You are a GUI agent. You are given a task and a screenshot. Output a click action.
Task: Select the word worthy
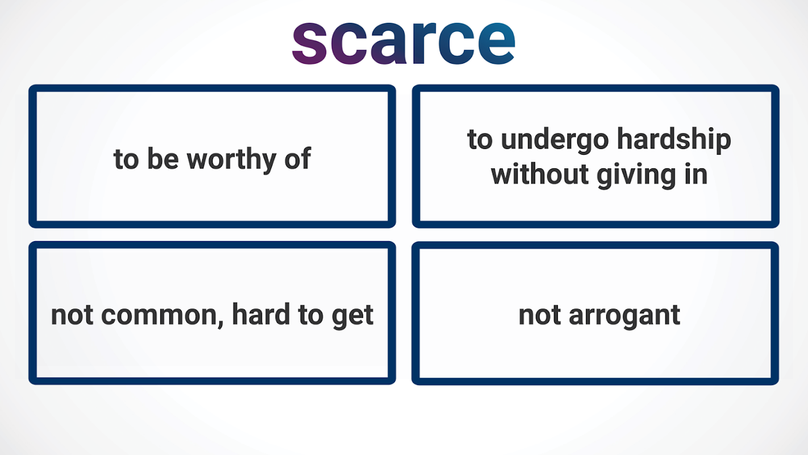click(x=232, y=160)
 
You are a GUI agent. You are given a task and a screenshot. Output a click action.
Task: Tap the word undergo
click(x=555, y=140)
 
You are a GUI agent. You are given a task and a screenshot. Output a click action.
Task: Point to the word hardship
click(x=674, y=140)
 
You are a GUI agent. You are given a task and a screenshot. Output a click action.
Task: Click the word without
click(x=540, y=175)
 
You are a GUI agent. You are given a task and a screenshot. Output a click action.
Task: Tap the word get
click(x=352, y=317)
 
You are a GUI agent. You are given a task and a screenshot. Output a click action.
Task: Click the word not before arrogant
click(x=540, y=315)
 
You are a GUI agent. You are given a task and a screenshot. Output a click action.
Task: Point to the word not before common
click(x=72, y=315)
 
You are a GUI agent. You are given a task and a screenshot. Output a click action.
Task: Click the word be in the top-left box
click(x=163, y=158)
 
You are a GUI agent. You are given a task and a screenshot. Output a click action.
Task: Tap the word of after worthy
click(x=298, y=158)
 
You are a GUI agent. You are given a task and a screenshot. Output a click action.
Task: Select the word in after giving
click(x=696, y=175)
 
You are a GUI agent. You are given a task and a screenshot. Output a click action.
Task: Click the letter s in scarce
click(x=309, y=43)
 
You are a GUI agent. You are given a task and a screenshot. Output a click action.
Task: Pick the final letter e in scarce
click(x=497, y=43)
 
